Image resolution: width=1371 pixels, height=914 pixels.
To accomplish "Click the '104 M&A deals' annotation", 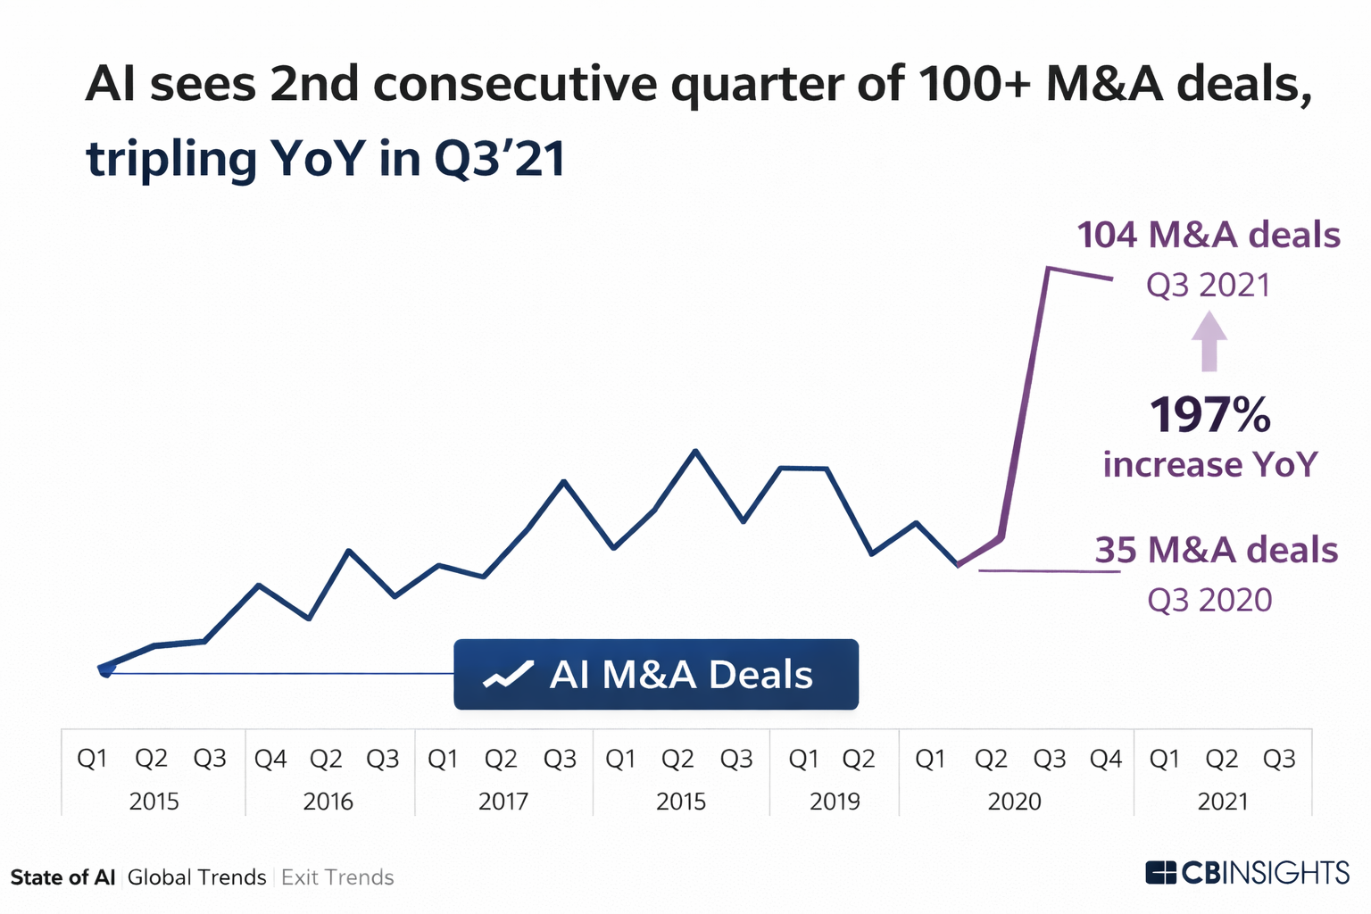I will click(x=1209, y=236).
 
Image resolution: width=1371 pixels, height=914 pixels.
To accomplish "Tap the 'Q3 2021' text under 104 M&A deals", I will click(x=1208, y=286).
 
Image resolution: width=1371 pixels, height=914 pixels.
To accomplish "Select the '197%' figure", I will click(x=1209, y=415).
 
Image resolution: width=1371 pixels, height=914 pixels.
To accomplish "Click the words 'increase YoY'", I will click(x=1210, y=465).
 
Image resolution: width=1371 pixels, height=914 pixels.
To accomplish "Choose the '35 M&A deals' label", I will click(x=1216, y=551).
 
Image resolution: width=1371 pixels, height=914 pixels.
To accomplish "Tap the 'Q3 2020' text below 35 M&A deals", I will click(x=1209, y=600).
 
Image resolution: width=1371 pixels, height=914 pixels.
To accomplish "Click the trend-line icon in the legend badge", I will click(x=508, y=676).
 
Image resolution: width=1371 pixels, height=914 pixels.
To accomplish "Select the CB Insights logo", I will click(x=1247, y=872).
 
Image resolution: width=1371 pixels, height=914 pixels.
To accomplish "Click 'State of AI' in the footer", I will click(x=62, y=877).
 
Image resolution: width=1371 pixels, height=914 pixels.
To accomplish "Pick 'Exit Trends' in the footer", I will click(x=337, y=877).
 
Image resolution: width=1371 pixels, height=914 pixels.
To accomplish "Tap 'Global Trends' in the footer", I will click(x=196, y=877).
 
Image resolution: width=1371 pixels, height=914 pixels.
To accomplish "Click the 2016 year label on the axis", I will click(x=328, y=802).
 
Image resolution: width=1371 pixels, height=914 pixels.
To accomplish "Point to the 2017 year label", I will click(x=503, y=802).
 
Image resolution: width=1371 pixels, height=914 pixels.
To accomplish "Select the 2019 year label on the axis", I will click(x=835, y=802).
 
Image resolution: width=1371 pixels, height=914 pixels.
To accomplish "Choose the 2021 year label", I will click(x=1223, y=802).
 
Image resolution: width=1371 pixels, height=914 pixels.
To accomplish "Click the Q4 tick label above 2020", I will click(x=1106, y=759).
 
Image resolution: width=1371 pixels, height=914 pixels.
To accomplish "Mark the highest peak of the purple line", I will click(x=1048, y=268).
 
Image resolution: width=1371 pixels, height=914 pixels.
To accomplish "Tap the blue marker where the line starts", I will click(x=105, y=669).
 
